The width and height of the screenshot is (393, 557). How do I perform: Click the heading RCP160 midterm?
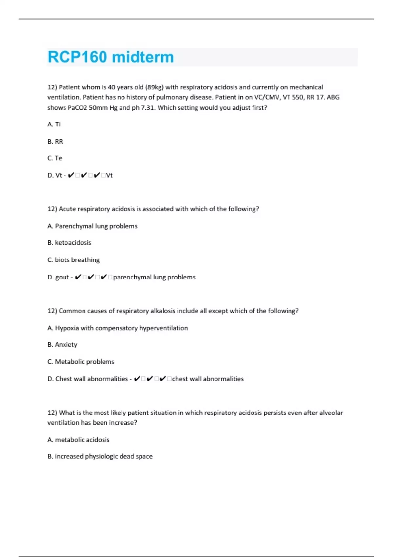pos(111,57)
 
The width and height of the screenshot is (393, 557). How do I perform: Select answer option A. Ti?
pos(54,125)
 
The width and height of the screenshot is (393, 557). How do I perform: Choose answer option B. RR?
pos(55,142)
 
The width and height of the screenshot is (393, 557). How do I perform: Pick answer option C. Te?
pos(55,158)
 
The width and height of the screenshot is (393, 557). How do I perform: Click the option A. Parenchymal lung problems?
pos(92,226)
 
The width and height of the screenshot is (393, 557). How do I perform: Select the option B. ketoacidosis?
pos(69,243)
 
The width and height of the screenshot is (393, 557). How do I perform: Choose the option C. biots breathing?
pos(73,260)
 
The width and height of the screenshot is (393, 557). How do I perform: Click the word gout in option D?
pos(62,277)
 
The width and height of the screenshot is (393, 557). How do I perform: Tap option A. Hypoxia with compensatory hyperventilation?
pos(118,328)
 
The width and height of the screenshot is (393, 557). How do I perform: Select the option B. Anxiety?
pos(62,345)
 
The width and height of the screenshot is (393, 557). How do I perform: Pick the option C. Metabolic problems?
pos(81,362)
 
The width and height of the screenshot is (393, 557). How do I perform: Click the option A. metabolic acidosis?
pos(78,440)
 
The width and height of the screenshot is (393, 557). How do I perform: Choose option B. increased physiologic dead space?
pos(100,456)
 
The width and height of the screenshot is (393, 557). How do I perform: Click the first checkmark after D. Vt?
pos(71,175)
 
